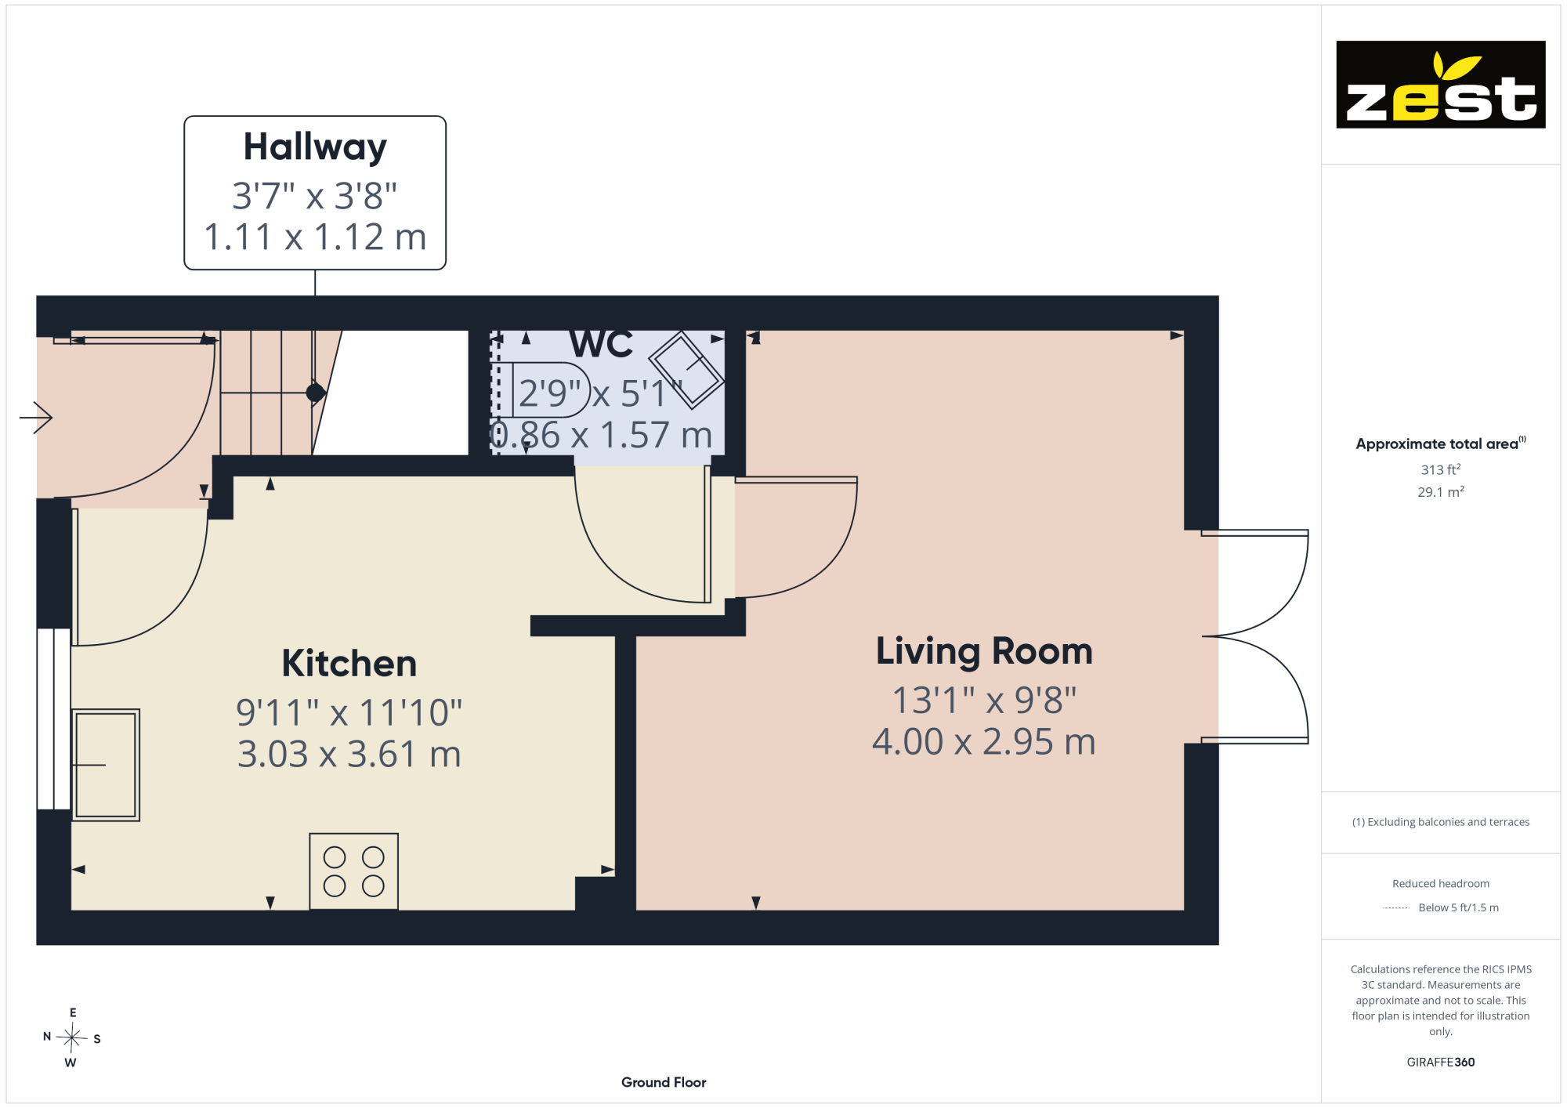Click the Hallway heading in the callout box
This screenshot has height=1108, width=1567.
pyautogui.click(x=315, y=148)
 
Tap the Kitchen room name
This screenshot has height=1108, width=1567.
pyautogui.click(x=349, y=663)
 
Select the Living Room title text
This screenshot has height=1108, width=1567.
pyautogui.click(x=984, y=651)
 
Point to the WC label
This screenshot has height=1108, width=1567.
pyautogui.click(x=601, y=345)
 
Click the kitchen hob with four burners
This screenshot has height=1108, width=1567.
pyautogui.click(x=353, y=871)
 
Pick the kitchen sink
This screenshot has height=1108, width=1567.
pyautogui.click(x=106, y=765)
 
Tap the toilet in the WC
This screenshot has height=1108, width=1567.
pyautogui.click(x=541, y=389)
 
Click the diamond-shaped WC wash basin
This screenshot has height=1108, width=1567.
pyautogui.click(x=686, y=370)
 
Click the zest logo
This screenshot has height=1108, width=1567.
pyautogui.click(x=1441, y=85)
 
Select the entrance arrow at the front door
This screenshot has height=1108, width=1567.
pyautogui.click(x=36, y=417)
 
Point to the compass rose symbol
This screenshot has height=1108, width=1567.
pyautogui.click(x=72, y=1038)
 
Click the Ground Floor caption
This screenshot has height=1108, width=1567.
pyautogui.click(x=664, y=1082)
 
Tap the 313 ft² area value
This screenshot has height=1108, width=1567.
pyautogui.click(x=1441, y=469)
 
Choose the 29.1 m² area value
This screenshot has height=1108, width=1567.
pyautogui.click(x=1441, y=491)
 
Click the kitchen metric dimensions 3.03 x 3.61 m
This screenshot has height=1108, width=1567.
pyautogui.click(x=349, y=754)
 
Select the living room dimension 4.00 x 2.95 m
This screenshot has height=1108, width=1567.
pyautogui.click(x=984, y=741)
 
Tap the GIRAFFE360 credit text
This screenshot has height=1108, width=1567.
pyautogui.click(x=1441, y=1063)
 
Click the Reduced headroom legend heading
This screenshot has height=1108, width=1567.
pyautogui.click(x=1441, y=884)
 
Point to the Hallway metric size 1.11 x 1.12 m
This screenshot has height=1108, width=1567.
pyautogui.click(x=315, y=237)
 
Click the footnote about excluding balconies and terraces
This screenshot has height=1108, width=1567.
pyautogui.click(x=1441, y=822)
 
